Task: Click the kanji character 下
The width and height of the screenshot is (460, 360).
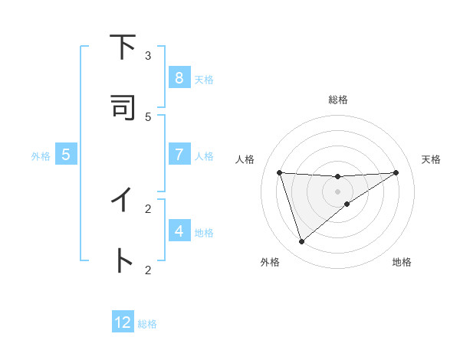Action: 121,47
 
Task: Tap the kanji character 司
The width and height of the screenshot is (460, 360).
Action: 121,107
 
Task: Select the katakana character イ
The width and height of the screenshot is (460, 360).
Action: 121,200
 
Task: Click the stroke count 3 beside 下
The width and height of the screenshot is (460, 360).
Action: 148,55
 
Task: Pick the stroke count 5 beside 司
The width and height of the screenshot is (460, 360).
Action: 148,116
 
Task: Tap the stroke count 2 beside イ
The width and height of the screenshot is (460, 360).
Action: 148,208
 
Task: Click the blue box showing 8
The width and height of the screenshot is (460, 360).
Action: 179,78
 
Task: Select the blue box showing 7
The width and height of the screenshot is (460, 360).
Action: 179,155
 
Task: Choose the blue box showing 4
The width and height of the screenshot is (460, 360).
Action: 179,231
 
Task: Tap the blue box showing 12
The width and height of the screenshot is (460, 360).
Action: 123,322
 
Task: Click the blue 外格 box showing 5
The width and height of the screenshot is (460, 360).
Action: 66,155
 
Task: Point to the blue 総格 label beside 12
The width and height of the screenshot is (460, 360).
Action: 147,324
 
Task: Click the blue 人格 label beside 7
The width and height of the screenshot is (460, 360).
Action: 204,156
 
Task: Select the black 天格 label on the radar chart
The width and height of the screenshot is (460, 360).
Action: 432,159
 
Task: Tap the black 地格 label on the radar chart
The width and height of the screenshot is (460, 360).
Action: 402,262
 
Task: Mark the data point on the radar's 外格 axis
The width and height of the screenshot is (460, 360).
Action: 301,242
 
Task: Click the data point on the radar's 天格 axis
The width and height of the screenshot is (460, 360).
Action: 396,172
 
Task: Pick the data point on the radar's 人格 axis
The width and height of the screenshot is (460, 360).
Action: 279,172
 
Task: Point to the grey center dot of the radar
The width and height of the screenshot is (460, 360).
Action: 337,191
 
